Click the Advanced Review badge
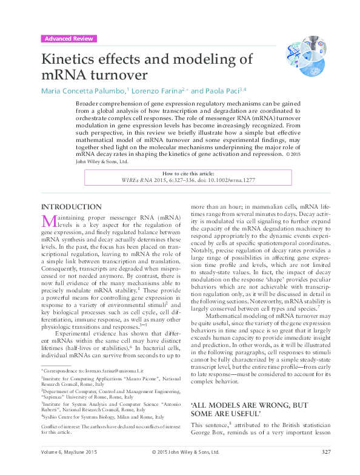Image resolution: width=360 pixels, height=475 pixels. pos(68,39)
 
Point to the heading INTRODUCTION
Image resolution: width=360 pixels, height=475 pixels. pos(71,207)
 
